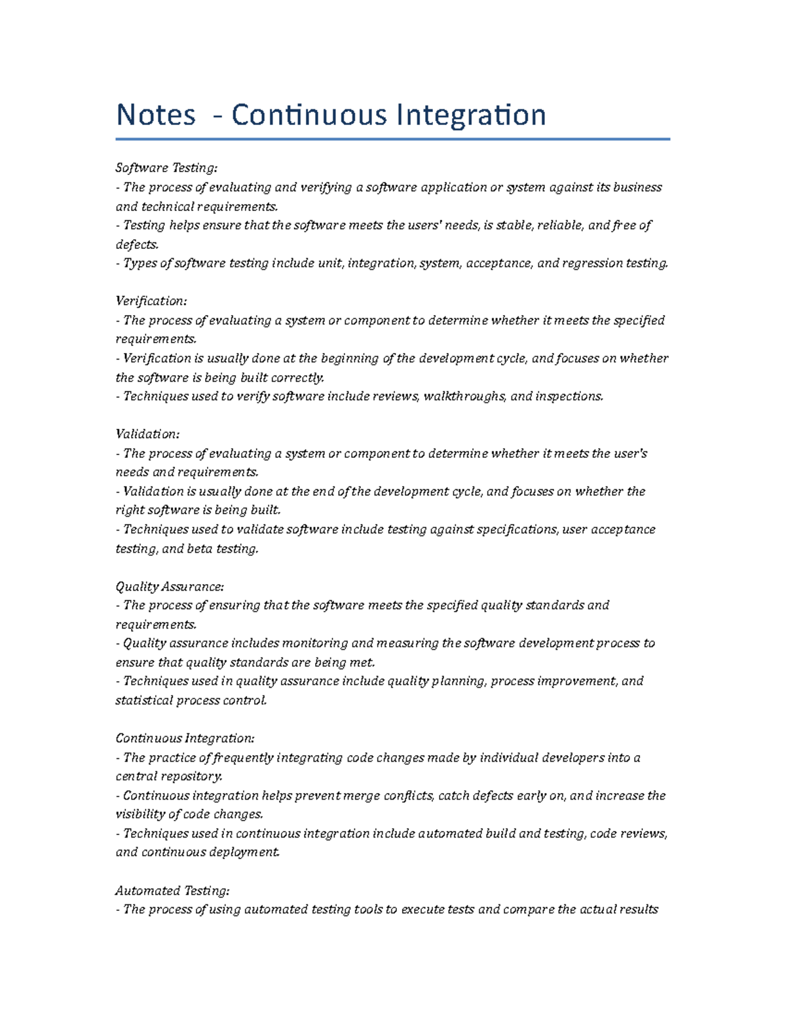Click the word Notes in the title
tap(156, 115)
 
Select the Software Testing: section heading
tap(166, 168)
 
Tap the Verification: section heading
tap(151, 301)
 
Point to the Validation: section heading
tap(147, 434)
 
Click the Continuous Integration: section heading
tap(185, 739)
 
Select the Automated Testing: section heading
tap(172, 891)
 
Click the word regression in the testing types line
tap(593, 263)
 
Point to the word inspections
tap(569, 396)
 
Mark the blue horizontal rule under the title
tap(393, 139)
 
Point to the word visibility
tap(141, 815)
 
